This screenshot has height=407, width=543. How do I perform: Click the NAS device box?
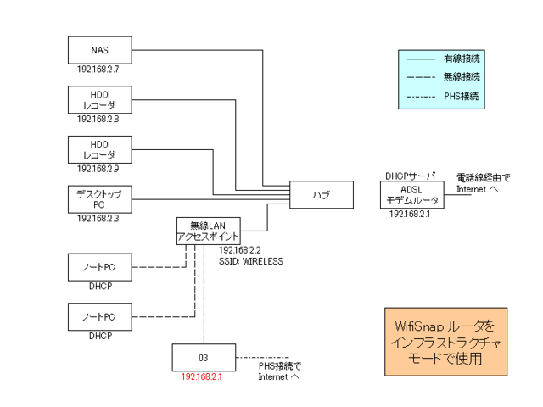coord(99,50)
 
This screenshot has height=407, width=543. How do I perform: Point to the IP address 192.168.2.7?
coord(99,70)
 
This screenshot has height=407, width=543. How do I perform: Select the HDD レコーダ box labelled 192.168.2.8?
coord(99,100)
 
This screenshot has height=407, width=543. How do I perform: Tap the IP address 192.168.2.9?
coord(99,169)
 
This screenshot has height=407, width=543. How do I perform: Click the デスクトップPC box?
coord(99,200)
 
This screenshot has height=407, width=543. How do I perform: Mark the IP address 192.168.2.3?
coord(99,219)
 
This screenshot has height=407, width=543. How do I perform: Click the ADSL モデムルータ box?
coord(412,195)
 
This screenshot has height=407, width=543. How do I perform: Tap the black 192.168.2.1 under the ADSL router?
coord(411,215)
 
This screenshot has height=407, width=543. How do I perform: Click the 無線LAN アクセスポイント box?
coord(208,231)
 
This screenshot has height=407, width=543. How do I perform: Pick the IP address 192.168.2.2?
coord(241,252)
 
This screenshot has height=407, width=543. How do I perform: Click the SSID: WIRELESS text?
coord(251,262)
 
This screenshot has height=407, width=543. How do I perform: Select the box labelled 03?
coord(203,357)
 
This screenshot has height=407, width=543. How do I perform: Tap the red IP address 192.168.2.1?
coord(202,376)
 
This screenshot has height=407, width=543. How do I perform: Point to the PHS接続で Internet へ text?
coord(279,371)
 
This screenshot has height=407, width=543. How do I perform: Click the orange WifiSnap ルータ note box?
coord(445,342)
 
